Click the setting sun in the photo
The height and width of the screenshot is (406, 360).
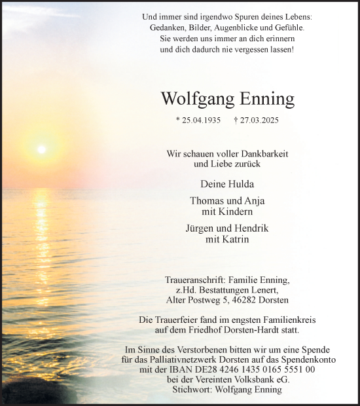point(41,149)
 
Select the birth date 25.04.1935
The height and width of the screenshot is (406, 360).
point(200,120)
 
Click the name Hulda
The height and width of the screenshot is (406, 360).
point(240,184)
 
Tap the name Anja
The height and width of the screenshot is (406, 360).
point(253,201)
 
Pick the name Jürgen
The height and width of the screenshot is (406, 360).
point(206,229)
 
